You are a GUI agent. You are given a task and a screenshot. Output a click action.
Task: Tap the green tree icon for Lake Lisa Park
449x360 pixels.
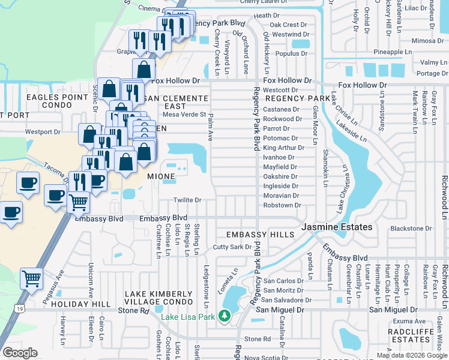(x=224, y=315)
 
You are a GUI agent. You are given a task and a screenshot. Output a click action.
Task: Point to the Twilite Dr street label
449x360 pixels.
(x=187, y=200)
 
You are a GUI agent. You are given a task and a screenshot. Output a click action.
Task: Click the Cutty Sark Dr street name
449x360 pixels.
(x=232, y=247)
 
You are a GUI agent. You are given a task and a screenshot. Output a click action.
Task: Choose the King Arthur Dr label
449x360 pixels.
(x=283, y=148)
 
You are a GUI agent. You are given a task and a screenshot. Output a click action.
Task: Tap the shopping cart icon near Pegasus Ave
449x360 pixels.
(x=31, y=278)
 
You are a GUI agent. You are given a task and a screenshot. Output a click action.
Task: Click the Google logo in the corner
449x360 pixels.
(x=20, y=353)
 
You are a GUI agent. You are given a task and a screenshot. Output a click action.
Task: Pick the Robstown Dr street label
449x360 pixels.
(x=282, y=205)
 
